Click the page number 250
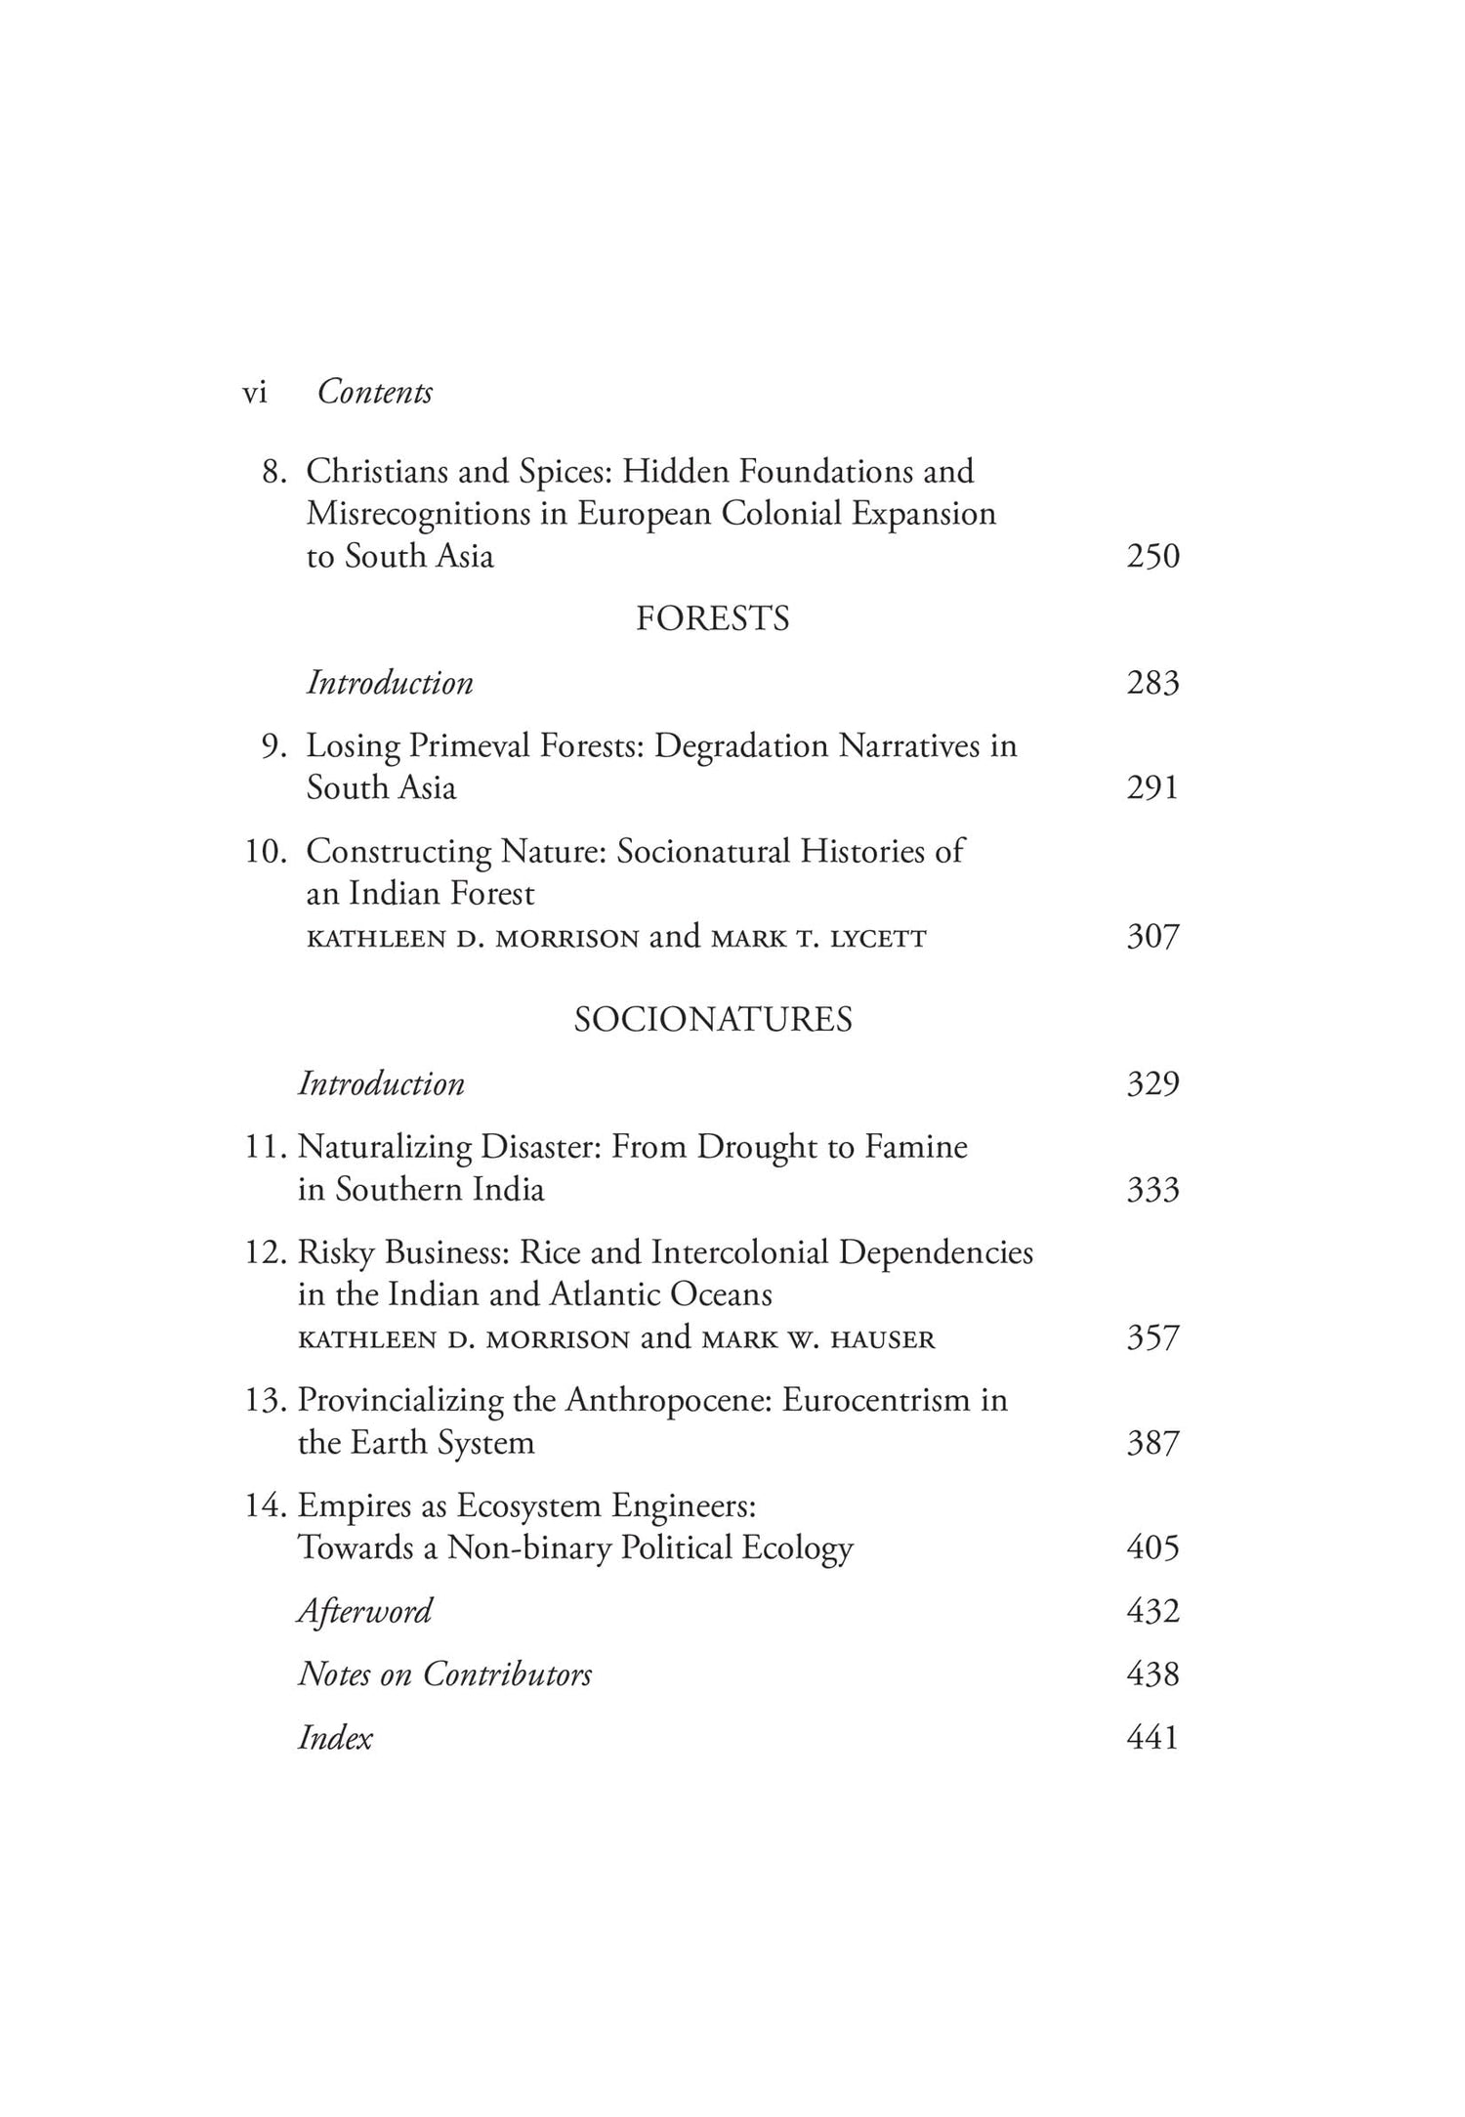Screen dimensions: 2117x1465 coord(1152,557)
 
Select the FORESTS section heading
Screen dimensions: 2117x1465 coord(712,619)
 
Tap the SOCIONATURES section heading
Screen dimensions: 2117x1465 coord(712,1020)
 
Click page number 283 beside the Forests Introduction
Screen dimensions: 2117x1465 coord(1152,683)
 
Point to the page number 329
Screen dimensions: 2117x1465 coord(1152,1084)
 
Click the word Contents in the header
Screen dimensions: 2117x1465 coord(375,393)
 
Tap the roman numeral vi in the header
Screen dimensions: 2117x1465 coord(254,393)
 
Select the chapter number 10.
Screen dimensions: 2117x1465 coord(264,852)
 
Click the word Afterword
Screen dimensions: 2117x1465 coord(364,1611)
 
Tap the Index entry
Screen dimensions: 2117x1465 coord(335,1738)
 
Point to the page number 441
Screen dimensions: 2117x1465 coord(1152,1738)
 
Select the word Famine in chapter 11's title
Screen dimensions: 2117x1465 coord(915,1147)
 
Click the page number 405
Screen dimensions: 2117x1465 coord(1152,1548)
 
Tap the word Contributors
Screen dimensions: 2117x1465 coord(507,1674)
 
